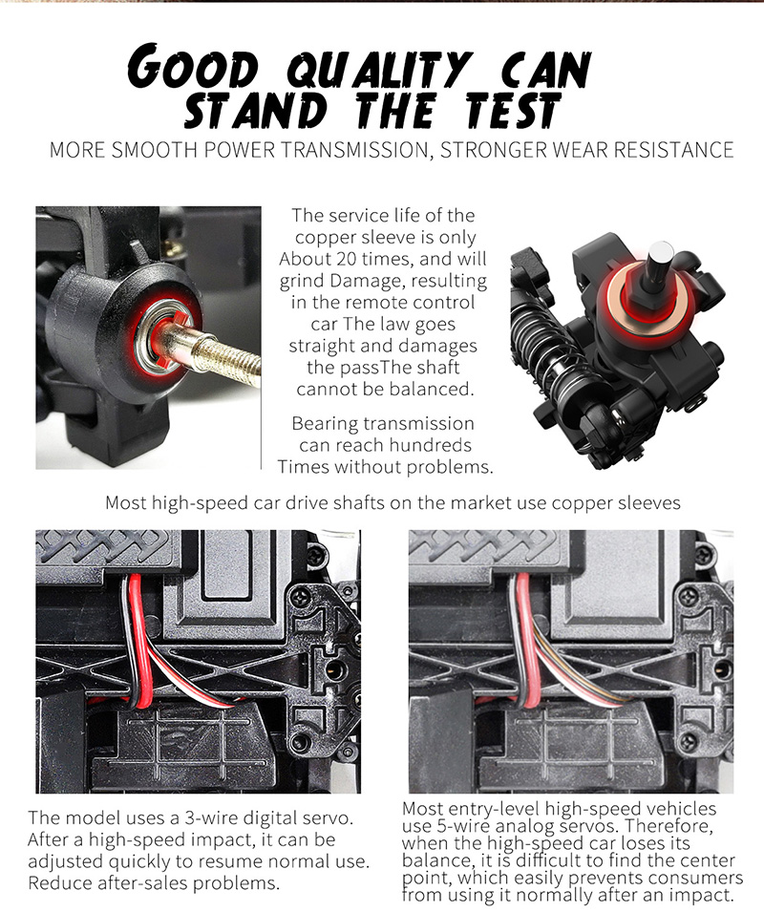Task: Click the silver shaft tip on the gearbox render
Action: (661, 262)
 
